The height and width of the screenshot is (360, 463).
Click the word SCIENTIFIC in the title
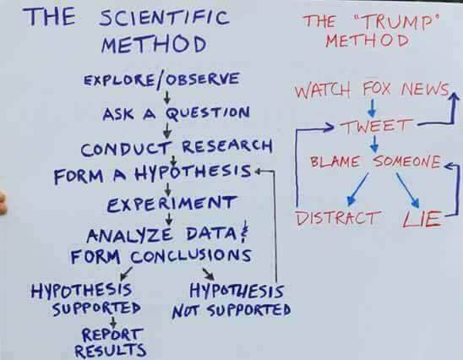tap(164, 18)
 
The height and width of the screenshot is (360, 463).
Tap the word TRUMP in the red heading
tap(395, 22)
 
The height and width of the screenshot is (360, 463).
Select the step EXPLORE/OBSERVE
tap(161, 79)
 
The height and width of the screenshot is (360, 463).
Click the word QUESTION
tap(208, 114)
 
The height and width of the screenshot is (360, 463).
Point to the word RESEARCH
tap(226, 146)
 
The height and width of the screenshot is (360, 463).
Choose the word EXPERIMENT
tap(172, 204)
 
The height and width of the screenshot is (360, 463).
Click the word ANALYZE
tap(129, 236)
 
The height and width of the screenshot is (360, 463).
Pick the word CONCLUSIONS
tap(191, 256)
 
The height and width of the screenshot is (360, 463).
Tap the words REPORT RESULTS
tap(111, 342)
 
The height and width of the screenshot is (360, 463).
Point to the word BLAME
tap(335, 162)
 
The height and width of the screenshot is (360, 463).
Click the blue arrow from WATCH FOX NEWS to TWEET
tap(373, 108)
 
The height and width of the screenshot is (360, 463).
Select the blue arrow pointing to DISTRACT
tap(357, 189)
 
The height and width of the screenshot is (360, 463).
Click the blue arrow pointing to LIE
tap(408, 190)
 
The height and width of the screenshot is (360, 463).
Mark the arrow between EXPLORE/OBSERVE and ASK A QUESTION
tap(167, 98)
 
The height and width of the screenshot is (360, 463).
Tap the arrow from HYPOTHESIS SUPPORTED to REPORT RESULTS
tap(113, 322)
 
